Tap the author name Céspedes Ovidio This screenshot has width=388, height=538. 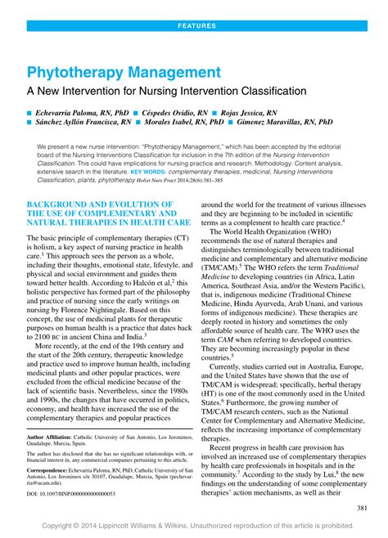[x=176, y=110]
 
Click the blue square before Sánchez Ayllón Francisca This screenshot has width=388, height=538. [x=30, y=123]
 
